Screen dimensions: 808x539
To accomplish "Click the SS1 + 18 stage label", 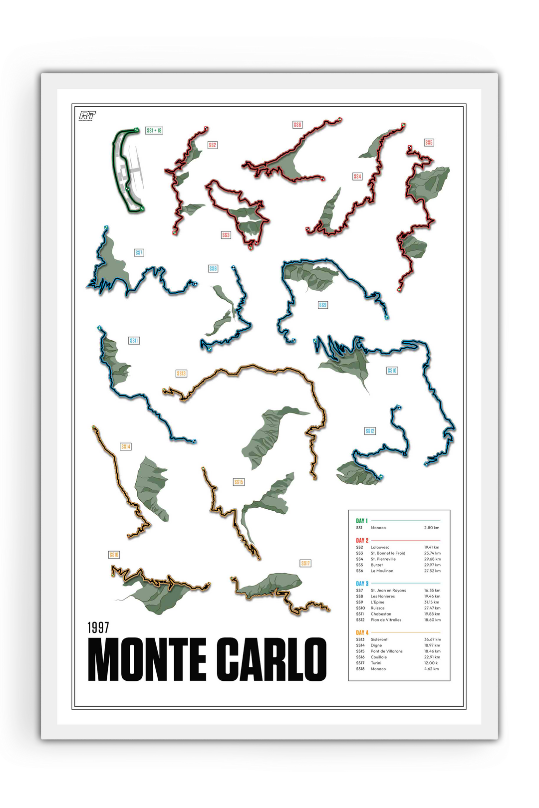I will (154, 131).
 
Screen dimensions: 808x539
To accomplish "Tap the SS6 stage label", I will (297, 125).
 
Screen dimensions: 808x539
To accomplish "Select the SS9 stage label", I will (323, 305).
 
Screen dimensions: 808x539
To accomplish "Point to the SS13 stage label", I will (181, 373).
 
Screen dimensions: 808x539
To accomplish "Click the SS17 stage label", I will (305, 563).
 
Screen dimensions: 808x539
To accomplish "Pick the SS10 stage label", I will (392, 371).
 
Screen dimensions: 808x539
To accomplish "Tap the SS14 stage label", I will (126, 446).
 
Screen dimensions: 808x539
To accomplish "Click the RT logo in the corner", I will (88, 116).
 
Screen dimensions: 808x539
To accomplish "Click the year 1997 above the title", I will (98, 627).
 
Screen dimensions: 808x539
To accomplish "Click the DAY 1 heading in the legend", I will (362, 521).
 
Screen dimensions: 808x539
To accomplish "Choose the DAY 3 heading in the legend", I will (362, 584).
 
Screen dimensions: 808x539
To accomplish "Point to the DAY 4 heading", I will (362, 632).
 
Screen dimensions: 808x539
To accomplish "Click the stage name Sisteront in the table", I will (379, 639).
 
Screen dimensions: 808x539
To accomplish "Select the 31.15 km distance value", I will (432, 602).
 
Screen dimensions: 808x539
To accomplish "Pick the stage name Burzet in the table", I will (377, 565).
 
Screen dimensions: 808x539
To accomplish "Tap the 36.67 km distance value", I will (432, 639).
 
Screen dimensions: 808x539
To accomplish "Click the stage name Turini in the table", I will (376, 663).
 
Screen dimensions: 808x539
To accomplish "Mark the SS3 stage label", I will (226, 235).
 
